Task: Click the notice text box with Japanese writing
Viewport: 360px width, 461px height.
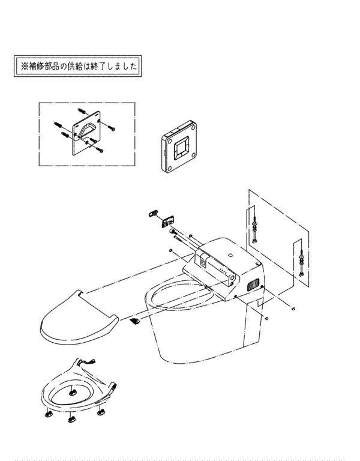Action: point(78,66)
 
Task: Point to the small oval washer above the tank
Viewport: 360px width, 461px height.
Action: point(153,212)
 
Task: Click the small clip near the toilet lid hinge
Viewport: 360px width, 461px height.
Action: point(135,321)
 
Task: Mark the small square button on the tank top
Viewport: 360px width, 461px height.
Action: point(231,256)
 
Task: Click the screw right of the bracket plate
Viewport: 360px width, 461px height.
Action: point(112,127)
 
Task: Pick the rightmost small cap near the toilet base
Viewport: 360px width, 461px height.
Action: point(293,309)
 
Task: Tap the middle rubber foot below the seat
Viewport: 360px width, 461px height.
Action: point(71,420)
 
